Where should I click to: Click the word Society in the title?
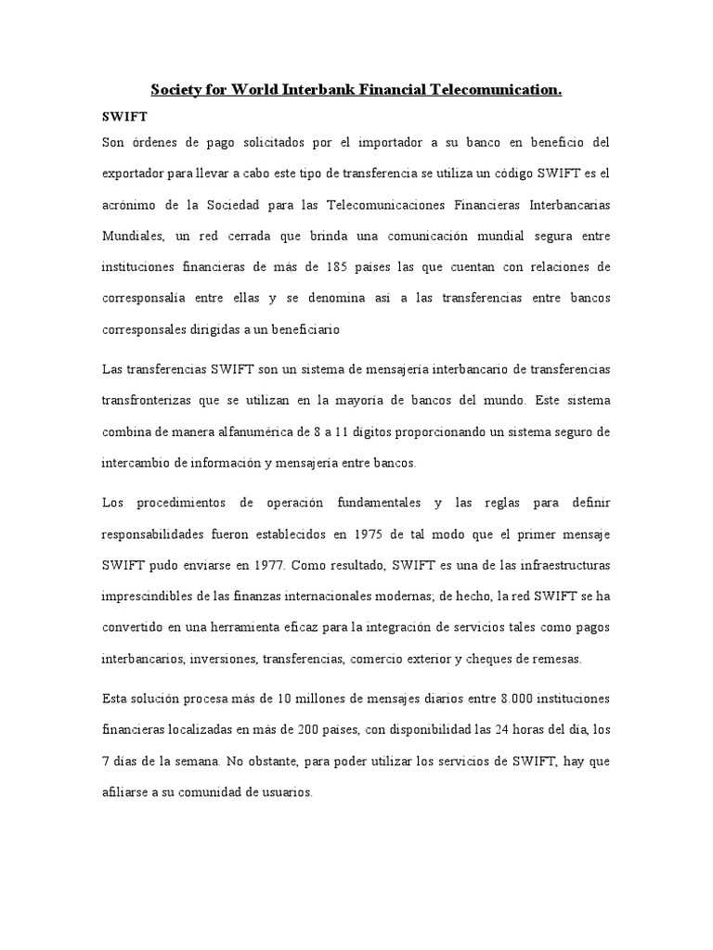177,90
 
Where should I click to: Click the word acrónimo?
131,204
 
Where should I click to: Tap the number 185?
363,267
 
